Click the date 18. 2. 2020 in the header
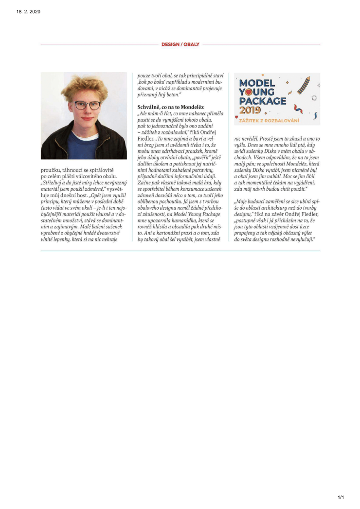coord(28,12)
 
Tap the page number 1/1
coord(341,497)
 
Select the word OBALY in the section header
coord(191,44)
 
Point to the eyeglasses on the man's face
coord(87,105)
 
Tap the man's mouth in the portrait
coord(87,118)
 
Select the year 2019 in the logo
coord(250,110)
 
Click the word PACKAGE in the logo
coord(263,101)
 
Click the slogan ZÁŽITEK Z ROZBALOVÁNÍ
coord(269,120)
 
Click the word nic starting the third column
coord(237,138)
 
